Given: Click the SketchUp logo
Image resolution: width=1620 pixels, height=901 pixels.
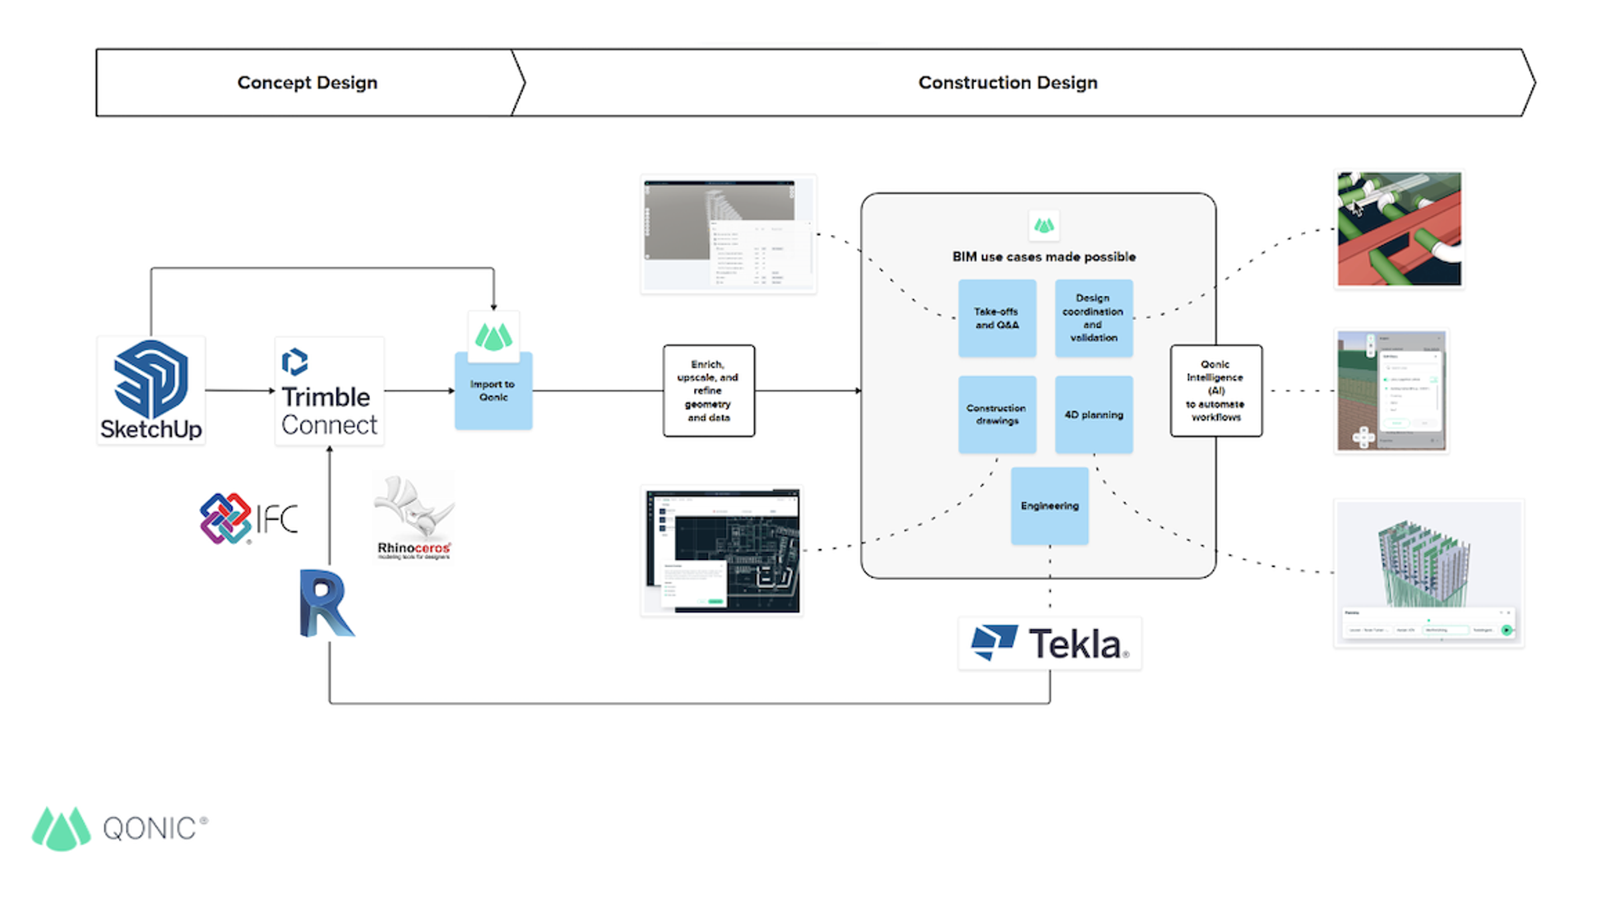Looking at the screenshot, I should (150, 390).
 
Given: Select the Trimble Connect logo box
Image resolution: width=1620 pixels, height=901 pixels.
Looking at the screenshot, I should (329, 391).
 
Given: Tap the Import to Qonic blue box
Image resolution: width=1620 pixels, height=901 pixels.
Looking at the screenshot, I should (493, 390).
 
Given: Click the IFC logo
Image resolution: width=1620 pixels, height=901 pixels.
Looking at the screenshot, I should (248, 518).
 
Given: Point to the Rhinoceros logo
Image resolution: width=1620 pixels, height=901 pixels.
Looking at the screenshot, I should (414, 516).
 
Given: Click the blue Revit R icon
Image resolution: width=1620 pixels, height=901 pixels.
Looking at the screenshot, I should (326, 603).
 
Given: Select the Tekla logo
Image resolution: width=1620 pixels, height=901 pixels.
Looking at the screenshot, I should (1049, 643).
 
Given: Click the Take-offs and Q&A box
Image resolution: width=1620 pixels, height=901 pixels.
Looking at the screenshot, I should (997, 318).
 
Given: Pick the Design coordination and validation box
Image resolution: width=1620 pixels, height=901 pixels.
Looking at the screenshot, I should (1093, 318).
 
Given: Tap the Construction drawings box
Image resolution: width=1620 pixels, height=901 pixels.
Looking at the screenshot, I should (997, 414).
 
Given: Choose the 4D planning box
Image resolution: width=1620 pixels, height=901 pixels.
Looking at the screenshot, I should (1093, 414).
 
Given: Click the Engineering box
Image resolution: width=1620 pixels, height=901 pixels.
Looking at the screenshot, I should (1049, 506).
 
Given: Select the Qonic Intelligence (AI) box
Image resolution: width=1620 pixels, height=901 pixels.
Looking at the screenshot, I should (1215, 390).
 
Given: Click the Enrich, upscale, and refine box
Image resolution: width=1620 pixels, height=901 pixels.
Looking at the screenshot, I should (708, 390).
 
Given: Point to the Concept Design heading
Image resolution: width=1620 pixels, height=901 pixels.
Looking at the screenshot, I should (307, 83).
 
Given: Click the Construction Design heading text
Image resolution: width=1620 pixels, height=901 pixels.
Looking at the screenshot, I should (1007, 83).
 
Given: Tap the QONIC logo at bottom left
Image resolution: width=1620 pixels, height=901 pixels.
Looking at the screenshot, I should (119, 828).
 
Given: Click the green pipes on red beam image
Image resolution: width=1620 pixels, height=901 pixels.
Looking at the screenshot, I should (1398, 229).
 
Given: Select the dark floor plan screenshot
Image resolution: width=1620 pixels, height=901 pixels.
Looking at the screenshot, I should (722, 552).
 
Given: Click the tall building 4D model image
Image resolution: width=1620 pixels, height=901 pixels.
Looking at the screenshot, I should (1428, 573).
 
